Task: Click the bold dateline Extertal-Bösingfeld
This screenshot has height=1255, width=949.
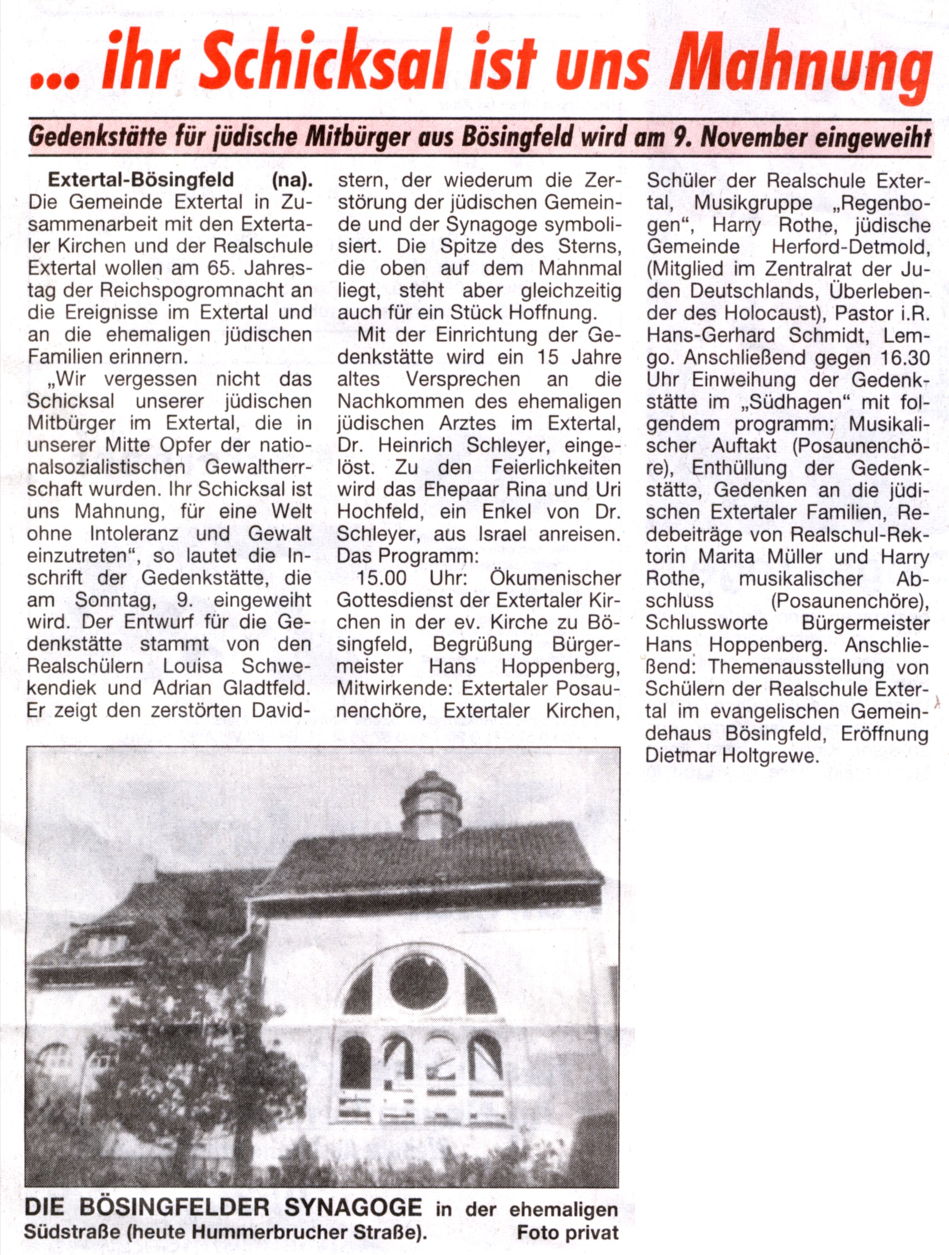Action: [141, 180]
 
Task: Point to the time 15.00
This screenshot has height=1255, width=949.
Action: [383, 578]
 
